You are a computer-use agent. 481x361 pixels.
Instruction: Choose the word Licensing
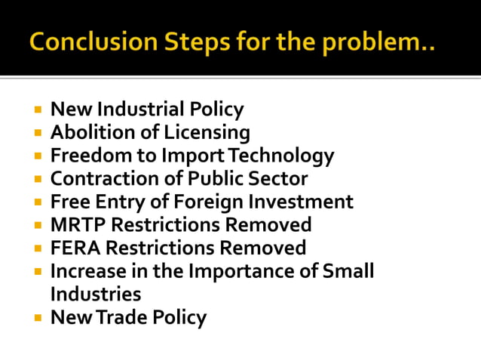coord(207,133)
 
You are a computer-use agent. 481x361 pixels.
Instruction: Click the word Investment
coord(305,202)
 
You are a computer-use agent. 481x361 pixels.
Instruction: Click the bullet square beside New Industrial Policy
coord(38,110)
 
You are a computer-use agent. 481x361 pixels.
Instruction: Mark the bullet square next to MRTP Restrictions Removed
coord(38,225)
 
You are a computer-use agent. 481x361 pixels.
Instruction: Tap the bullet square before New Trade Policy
coord(38,317)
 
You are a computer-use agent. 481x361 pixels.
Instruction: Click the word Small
coord(348,270)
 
